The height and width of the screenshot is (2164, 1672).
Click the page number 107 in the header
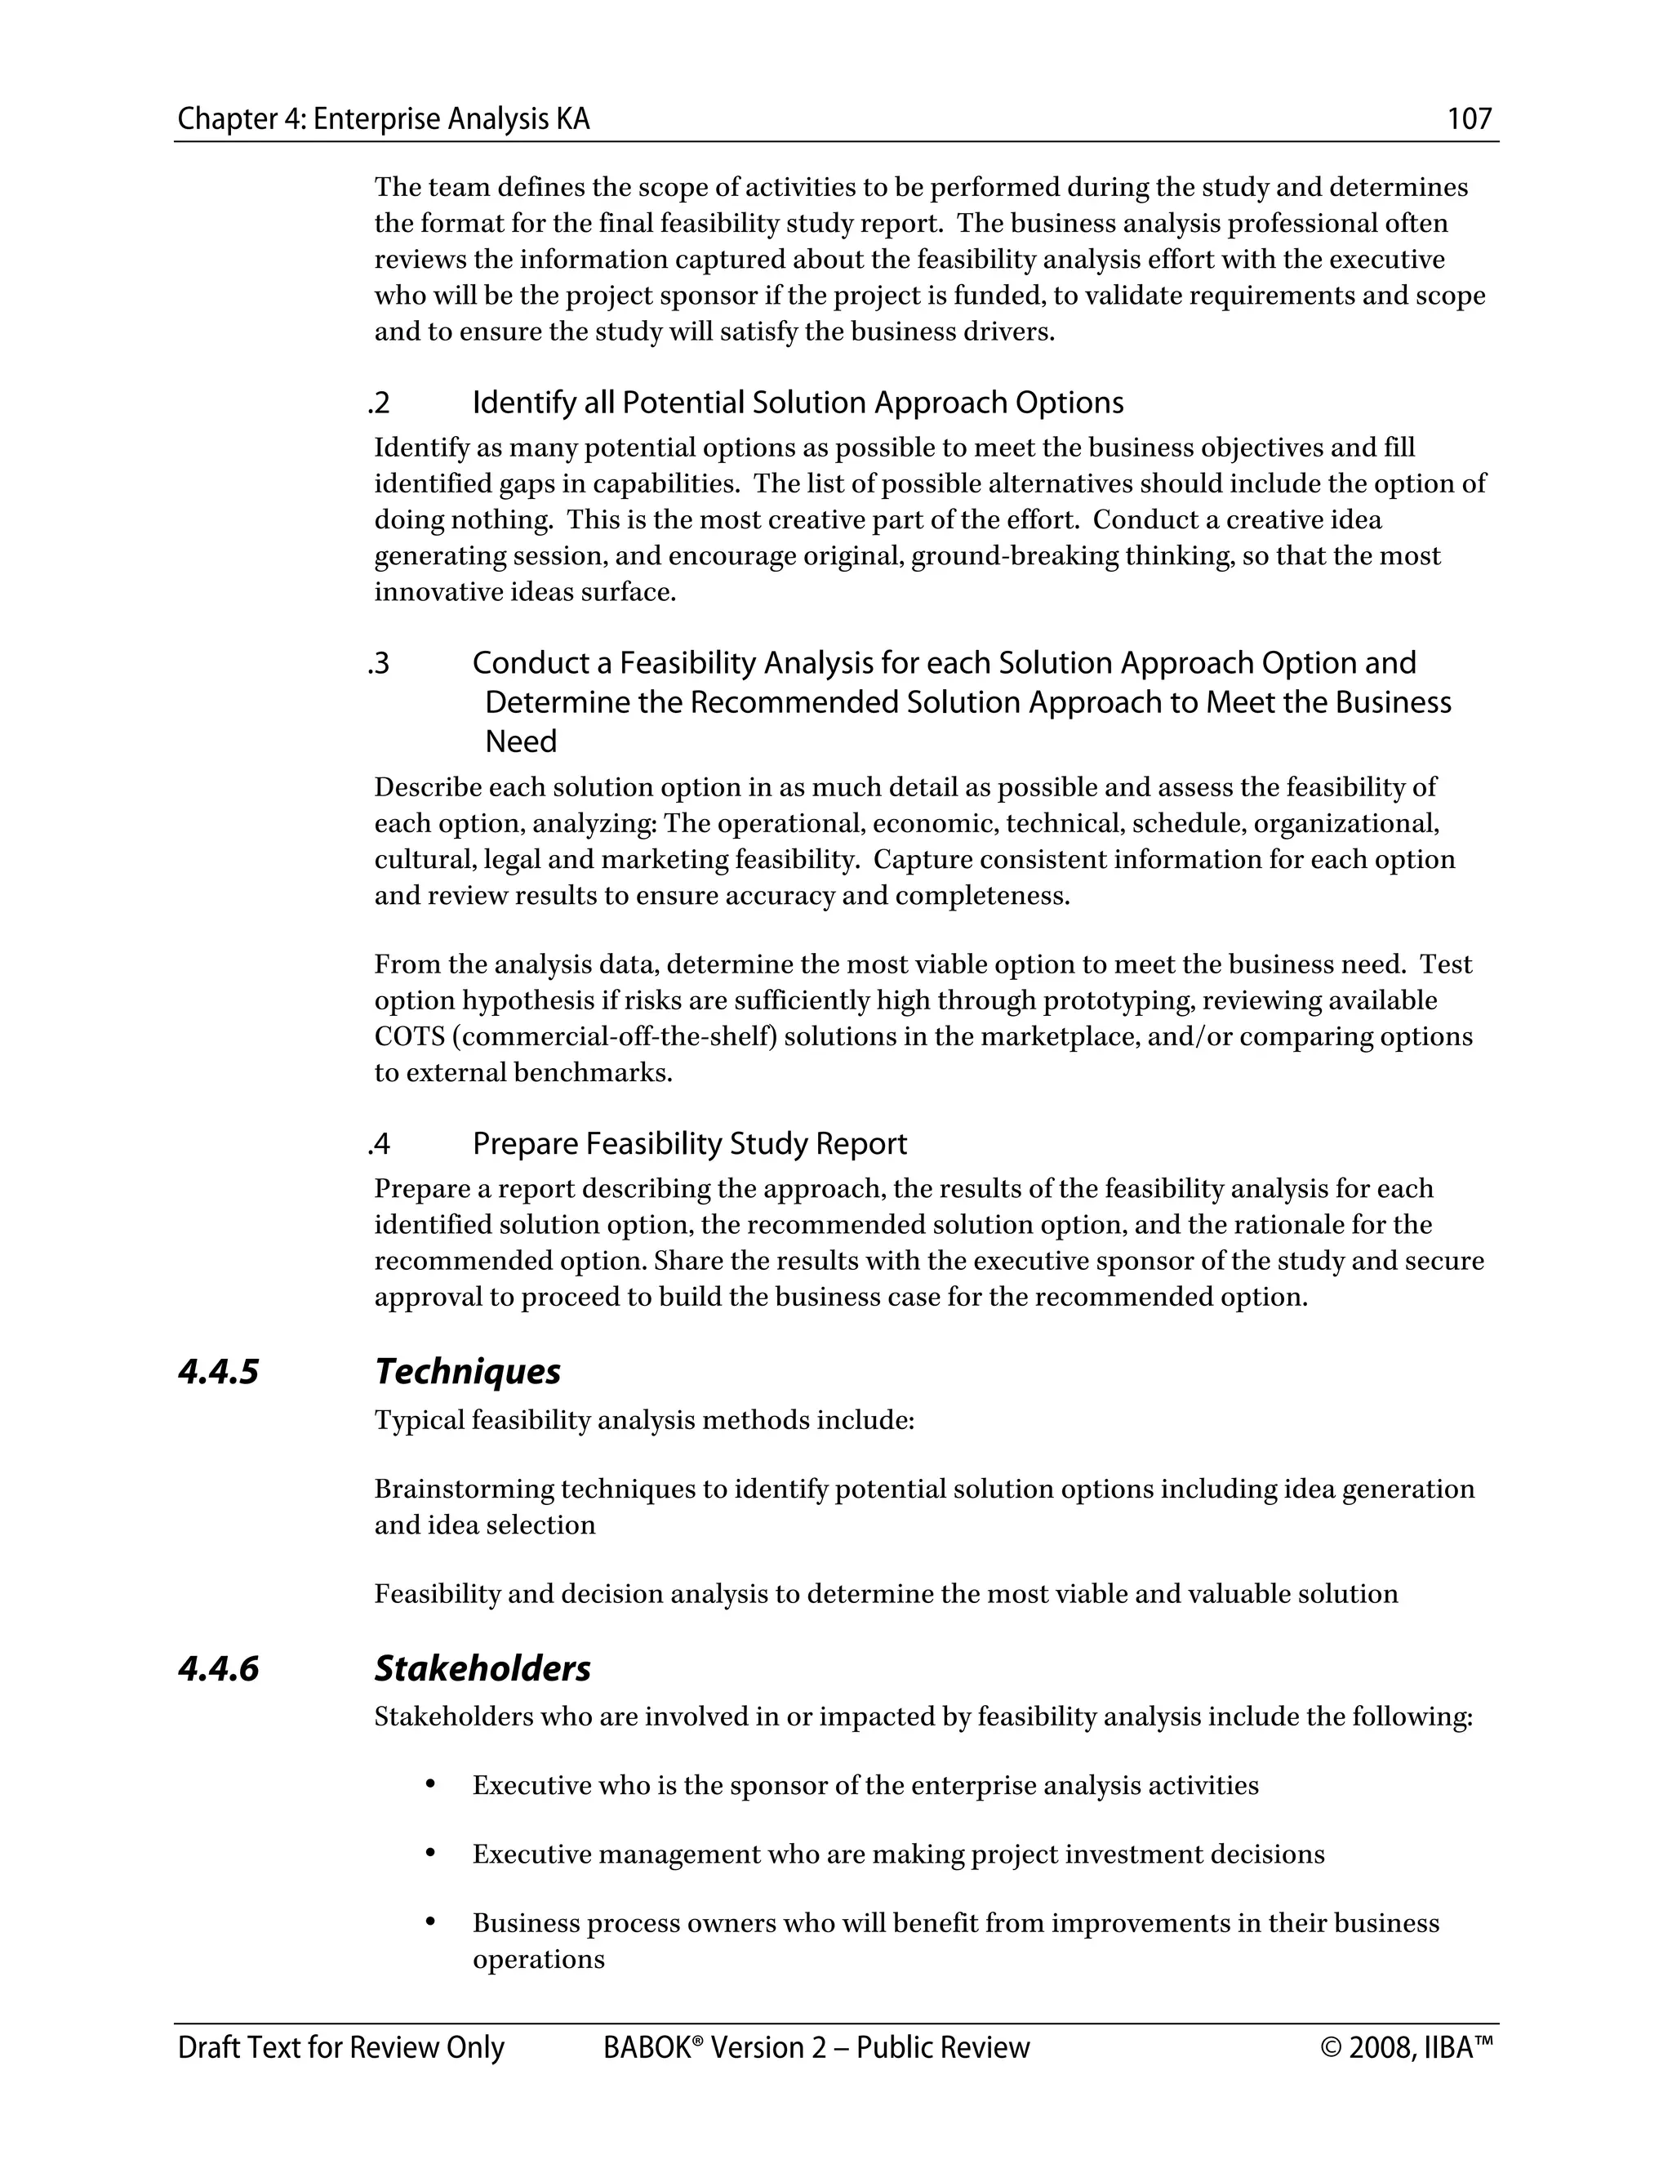point(1469,120)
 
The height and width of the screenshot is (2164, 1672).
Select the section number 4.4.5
point(218,1373)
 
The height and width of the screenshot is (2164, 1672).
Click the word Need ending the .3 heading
point(521,741)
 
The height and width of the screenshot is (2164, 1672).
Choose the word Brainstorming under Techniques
point(464,1489)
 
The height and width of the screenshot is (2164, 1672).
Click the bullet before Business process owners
point(430,1923)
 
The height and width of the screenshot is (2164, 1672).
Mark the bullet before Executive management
point(430,1854)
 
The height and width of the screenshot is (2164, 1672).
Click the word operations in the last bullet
point(538,1960)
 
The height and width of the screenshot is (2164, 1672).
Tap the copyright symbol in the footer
point(1330,2048)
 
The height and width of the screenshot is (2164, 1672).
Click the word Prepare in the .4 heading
point(524,1144)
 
